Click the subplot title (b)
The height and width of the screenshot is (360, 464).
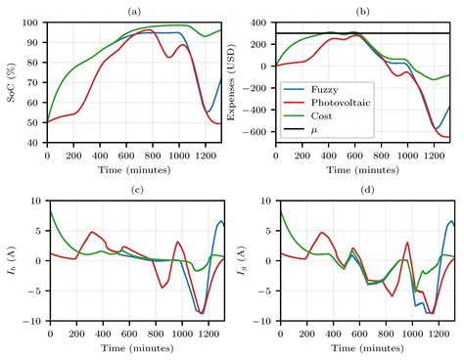[x=362, y=10]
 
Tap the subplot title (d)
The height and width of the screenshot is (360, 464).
[x=362, y=189]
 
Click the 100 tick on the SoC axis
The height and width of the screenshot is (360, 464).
[x=32, y=22]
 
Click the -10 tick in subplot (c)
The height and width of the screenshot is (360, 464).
[x=32, y=321]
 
